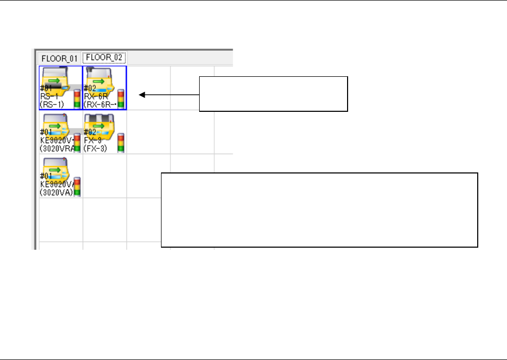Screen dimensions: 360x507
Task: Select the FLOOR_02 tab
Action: click(x=104, y=57)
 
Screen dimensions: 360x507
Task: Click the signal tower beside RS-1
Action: click(x=77, y=98)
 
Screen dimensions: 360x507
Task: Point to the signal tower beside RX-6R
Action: click(x=121, y=98)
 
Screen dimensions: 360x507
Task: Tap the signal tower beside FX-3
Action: click(x=121, y=142)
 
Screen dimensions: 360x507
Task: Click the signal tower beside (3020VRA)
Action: click(x=77, y=142)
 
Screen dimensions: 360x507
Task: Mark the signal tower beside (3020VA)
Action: click(x=77, y=186)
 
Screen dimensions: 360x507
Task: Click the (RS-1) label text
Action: click(x=52, y=104)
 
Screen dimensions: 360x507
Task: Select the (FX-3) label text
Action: click(x=96, y=148)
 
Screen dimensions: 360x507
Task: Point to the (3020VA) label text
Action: click(x=54, y=192)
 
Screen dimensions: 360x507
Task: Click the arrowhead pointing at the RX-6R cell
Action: click(x=141, y=95)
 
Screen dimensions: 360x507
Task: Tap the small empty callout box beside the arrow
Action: click(x=273, y=94)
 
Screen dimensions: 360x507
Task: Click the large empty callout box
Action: click(x=319, y=210)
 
